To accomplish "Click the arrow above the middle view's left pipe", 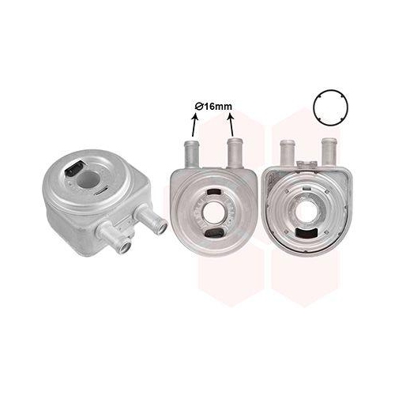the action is (194, 125).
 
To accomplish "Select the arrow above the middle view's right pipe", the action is (231, 125).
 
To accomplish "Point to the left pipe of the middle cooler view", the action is (192, 154).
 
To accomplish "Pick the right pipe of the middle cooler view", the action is (235, 152).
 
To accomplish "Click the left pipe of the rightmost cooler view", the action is (288, 152).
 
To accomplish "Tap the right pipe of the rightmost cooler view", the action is (329, 152).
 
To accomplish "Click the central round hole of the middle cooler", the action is (214, 213).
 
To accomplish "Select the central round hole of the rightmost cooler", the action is (307, 212).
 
